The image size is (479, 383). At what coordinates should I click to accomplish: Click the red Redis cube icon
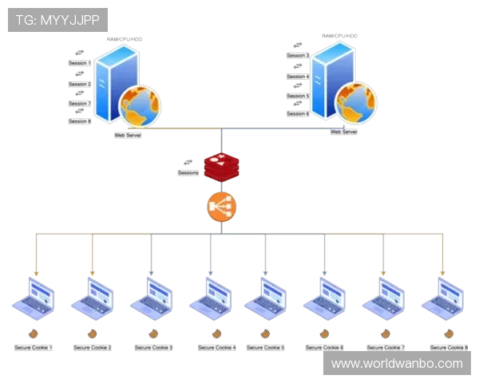[221, 166]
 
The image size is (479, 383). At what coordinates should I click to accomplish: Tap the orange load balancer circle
[220, 207]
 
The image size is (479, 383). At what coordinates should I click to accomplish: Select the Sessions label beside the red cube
[188, 172]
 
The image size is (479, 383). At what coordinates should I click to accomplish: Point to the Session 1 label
[79, 63]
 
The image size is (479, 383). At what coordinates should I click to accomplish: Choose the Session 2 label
[79, 84]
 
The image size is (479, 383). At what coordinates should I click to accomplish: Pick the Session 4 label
[297, 77]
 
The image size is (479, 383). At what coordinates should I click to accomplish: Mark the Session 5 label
[297, 96]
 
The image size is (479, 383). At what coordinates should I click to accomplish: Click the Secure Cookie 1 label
[34, 348]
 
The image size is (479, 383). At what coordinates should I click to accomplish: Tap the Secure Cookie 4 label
[216, 348]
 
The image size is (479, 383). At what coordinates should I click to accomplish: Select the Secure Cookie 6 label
[324, 348]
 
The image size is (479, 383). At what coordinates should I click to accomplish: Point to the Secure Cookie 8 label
[449, 348]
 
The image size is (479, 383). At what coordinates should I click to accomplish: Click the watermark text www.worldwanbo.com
[397, 364]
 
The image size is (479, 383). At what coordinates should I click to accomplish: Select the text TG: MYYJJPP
[57, 19]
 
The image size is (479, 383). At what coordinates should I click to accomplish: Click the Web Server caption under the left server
[128, 136]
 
